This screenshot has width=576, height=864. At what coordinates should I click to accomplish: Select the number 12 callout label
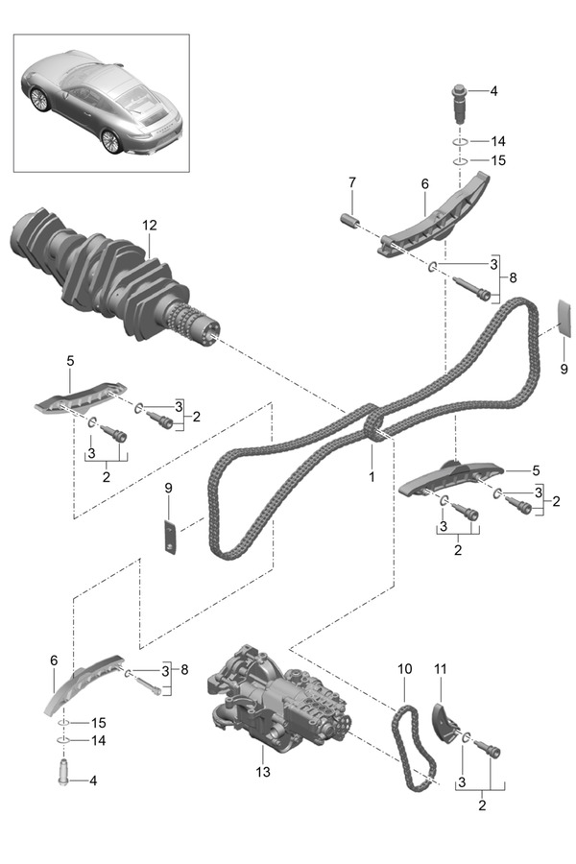click(x=149, y=226)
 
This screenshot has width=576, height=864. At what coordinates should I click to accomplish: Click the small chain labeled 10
click(x=415, y=749)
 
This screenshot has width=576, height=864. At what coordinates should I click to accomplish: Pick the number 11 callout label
click(x=441, y=665)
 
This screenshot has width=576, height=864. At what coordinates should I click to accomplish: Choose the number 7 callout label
click(x=352, y=181)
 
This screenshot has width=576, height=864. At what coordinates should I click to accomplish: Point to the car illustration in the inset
click(x=101, y=101)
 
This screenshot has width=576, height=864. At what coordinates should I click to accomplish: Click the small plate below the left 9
click(x=170, y=538)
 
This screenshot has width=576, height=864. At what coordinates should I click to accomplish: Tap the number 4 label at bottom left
click(x=93, y=780)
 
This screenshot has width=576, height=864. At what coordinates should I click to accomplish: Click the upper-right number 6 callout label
click(x=423, y=181)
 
